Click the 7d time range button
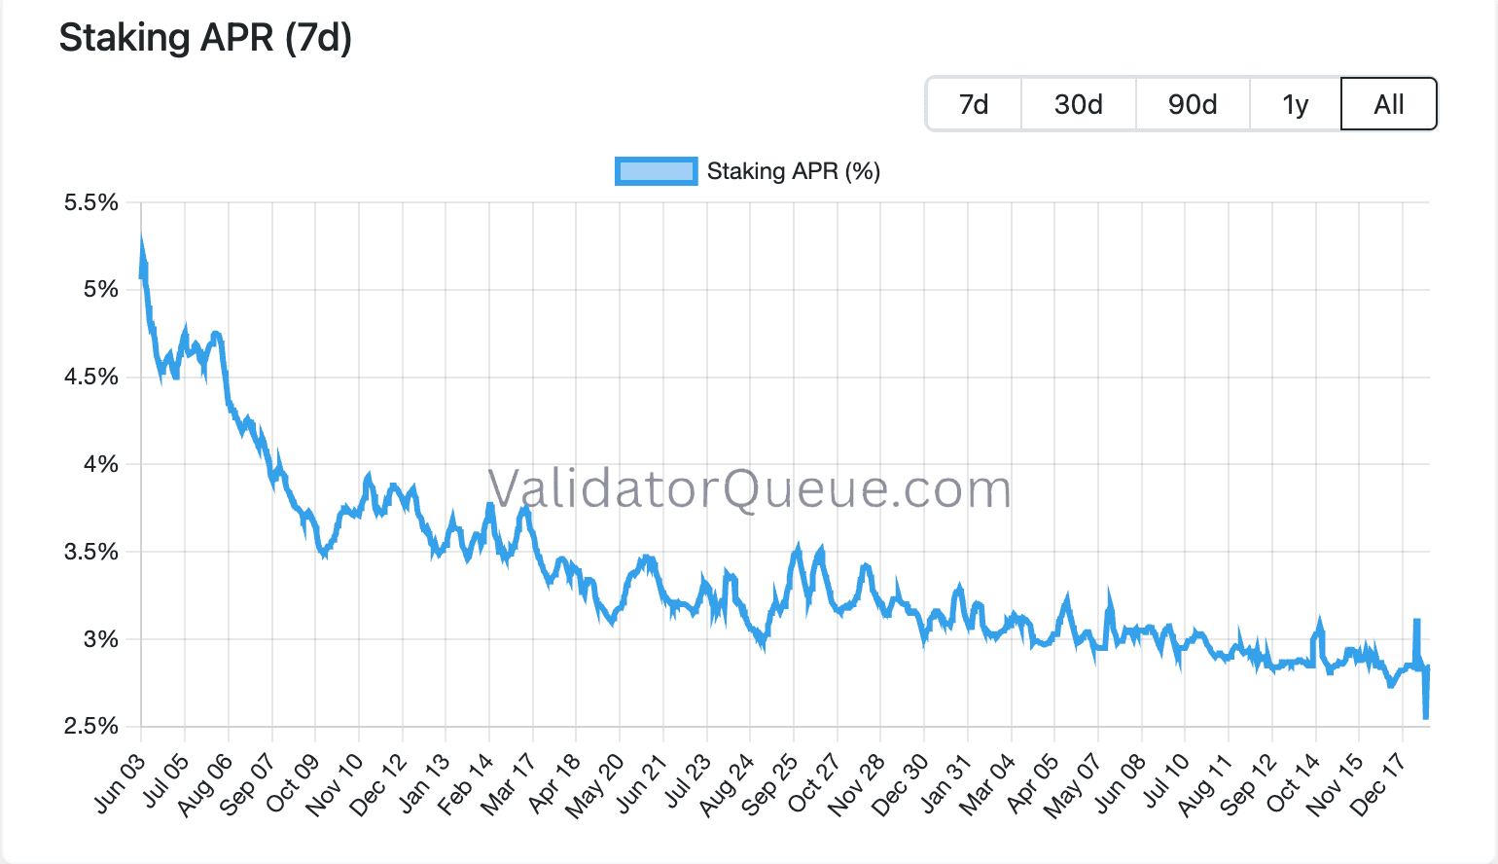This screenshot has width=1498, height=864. [974, 104]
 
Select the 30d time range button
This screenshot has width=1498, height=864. [1078, 104]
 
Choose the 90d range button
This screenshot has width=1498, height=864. [1193, 104]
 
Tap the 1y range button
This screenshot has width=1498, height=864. [1295, 104]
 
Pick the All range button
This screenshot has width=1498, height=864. [1388, 104]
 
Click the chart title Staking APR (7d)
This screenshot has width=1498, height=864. [205, 38]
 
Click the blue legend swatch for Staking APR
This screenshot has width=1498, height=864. [656, 171]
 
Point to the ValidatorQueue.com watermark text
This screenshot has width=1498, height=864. [749, 488]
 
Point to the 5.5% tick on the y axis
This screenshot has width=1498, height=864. [91, 202]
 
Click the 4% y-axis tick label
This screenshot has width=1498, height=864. [100, 464]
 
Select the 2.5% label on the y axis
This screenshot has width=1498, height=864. [91, 726]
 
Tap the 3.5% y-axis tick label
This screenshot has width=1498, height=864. [91, 552]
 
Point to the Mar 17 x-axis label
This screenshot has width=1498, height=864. [508, 782]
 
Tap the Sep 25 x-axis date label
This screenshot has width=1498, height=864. [769, 783]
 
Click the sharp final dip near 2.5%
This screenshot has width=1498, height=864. [1425, 716]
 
